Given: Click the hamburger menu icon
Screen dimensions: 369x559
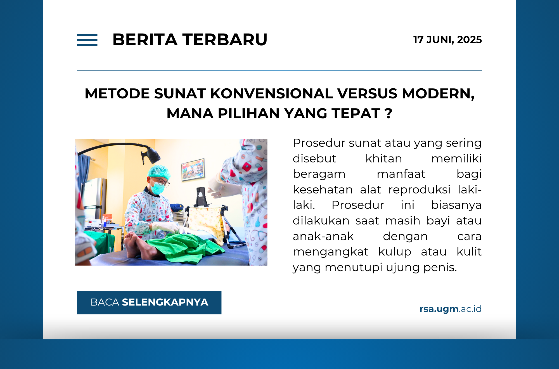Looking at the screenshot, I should pyautogui.click(x=87, y=40).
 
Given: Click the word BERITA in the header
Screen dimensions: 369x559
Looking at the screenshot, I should pyautogui.click(x=145, y=39).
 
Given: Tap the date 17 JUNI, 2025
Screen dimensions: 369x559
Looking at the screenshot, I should pyautogui.click(x=447, y=40).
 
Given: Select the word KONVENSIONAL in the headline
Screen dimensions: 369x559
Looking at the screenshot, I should pyautogui.click(x=271, y=93).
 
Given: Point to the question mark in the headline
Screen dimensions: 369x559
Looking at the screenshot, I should pyautogui.click(x=388, y=113).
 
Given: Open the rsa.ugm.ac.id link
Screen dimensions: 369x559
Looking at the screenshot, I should pyautogui.click(x=450, y=309).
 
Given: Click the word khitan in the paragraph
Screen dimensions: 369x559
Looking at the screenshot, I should pyautogui.click(x=383, y=159).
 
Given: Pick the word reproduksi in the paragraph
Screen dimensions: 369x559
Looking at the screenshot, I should pyautogui.click(x=419, y=190).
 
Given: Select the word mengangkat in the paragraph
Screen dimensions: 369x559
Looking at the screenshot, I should pyautogui.click(x=330, y=252).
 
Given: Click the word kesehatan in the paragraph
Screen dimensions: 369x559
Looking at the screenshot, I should pyautogui.click(x=323, y=190).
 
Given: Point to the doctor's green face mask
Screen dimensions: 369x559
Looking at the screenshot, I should pyautogui.click(x=157, y=188).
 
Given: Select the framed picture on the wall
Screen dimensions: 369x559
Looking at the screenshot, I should pyautogui.click(x=193, y=169).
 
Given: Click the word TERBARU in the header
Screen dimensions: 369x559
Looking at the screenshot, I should pyautogui.click(x=225, y=39).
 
